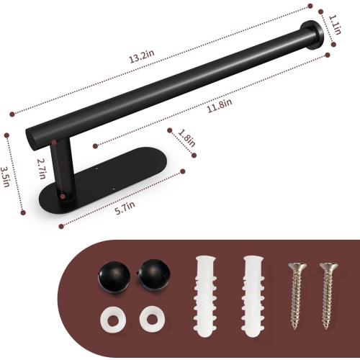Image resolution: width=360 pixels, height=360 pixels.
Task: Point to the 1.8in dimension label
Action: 186,138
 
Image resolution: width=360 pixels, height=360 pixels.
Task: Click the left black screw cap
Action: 112,275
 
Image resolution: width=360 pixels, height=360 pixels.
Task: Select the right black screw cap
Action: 151,275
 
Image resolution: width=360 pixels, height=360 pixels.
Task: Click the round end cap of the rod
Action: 312,35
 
